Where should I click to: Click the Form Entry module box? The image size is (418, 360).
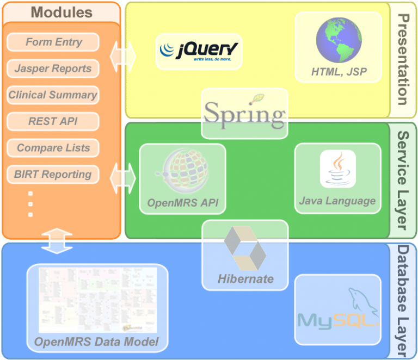(x=53, y=42)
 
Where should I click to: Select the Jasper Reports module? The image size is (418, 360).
(x=53, y=69)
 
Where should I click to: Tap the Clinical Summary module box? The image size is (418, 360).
(x=53, y=95)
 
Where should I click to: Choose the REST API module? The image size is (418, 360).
(x=53, y=121)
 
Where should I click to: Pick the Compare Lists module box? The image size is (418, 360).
(x=53, y=148)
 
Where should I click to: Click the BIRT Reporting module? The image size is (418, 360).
(x=53, y=175)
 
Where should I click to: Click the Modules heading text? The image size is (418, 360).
(x=62, y=13)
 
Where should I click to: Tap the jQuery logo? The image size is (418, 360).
(x=199, y=51)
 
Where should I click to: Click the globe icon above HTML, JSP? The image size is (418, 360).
(x=339, y=39)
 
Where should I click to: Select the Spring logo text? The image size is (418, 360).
(x=244, y=115)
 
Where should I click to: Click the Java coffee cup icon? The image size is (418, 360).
(x=337, y=169)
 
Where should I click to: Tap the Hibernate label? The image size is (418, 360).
(x=245, y=279)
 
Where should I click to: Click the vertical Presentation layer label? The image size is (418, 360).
(x=403, y=60)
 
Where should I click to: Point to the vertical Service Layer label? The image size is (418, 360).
(x=403, y=179)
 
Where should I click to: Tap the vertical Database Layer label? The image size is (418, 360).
(x=403, y=300)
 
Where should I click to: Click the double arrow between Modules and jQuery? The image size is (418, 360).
(x=123, y=55)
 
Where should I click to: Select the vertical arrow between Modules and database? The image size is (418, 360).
(x=57, y=241)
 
